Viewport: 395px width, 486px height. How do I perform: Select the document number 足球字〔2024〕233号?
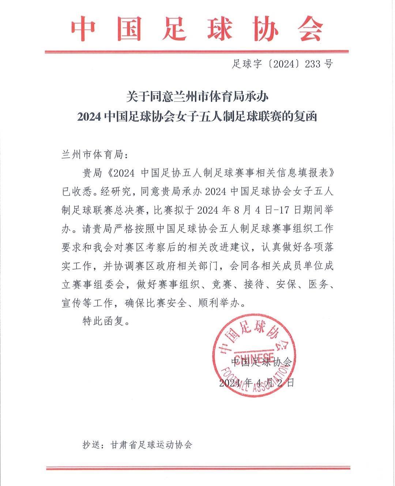(282, 64)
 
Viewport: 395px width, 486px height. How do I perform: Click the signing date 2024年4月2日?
(256, 383)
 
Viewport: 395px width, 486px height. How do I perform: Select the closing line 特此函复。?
(106, 321)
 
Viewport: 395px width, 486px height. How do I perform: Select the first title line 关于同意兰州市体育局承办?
(197, 97)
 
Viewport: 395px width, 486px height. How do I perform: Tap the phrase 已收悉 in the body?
(78, 191)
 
